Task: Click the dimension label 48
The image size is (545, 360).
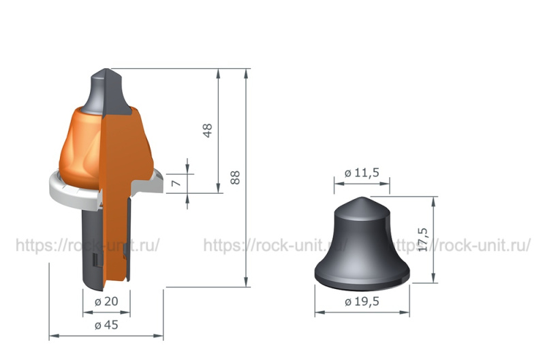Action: [207, 131]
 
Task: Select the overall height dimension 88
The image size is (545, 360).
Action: [235, 177]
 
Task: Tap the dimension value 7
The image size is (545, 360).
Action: [176, 183]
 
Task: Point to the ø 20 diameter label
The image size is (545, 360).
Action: [106, 301]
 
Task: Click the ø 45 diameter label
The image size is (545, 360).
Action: [106, 325]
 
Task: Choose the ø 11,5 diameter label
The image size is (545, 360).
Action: [362, 172]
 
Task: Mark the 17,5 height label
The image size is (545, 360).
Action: [422, 239]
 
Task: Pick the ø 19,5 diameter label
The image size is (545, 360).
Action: [362, 301]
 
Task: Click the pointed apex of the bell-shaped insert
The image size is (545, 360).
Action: [362, 197]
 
